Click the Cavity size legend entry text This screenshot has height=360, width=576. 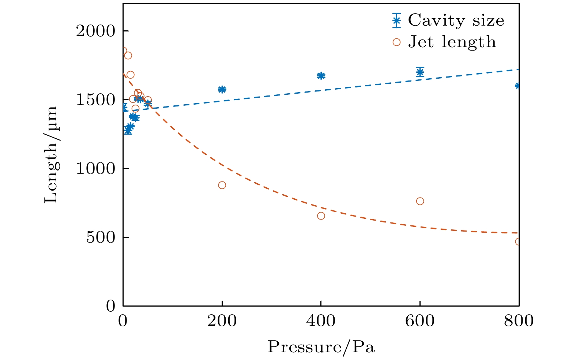456,20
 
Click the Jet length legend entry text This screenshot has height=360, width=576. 452,42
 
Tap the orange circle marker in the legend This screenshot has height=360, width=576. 396,42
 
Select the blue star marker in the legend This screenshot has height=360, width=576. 396,20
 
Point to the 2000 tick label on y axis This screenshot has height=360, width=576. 95,31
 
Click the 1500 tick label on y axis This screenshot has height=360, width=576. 95,100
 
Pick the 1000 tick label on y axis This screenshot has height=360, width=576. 95,169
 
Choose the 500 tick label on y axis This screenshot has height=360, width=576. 100,237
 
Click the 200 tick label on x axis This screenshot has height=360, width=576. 222,321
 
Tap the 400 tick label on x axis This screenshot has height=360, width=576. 321,321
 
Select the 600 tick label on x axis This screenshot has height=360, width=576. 420,321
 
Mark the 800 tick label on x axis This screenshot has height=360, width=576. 519,321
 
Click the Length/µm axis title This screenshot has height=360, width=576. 51,154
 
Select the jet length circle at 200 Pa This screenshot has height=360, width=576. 222,185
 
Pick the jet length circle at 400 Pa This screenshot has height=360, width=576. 321,216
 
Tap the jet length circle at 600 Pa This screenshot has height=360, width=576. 420,201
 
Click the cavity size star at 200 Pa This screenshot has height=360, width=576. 222,89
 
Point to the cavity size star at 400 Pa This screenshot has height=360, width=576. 321,76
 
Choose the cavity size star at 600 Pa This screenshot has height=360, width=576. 420,72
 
